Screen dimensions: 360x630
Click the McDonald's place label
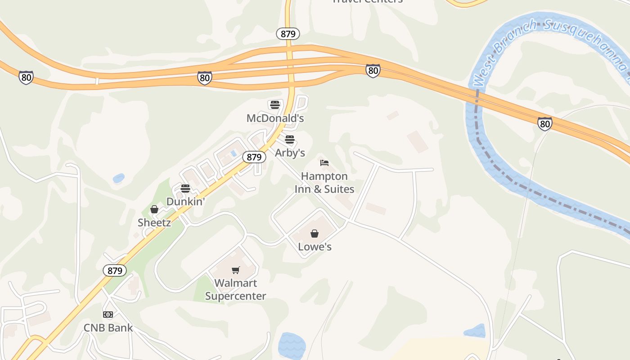point(275,118)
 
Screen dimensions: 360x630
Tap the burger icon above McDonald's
point(275,105)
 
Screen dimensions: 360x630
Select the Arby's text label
point(290,153)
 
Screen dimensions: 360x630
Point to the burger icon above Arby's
point(290,139)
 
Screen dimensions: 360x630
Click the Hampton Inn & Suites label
point(324,183)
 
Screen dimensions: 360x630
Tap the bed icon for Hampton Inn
point(324,163)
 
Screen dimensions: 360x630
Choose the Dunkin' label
point(185,202)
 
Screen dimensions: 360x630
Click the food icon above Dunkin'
point(185,188)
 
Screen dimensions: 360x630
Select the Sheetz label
point(154,222)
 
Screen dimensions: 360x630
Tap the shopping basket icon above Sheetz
point(154,209)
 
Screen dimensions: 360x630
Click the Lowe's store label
point(315,247)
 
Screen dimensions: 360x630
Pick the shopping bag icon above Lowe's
point(315,234)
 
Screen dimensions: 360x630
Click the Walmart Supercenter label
point(235,289)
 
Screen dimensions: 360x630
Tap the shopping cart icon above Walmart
point(235,270)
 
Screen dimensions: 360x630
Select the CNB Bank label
point(108,328)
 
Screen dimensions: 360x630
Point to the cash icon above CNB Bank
point(108,314)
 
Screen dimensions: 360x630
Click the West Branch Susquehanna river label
point(549,43)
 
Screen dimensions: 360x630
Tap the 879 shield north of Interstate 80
point(288,34)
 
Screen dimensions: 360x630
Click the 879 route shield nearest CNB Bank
point(115,270)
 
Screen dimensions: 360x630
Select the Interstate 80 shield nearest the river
point(544,123)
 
